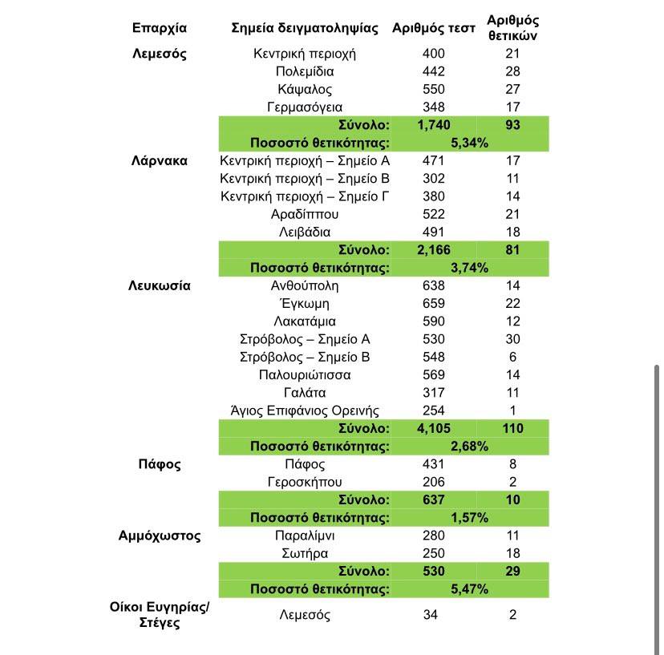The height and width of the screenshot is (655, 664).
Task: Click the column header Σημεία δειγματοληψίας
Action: (x=304, y=28)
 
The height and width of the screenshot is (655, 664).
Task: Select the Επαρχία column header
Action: (x=159, y=28)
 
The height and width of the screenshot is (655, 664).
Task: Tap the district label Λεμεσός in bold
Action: (x=159, y=55)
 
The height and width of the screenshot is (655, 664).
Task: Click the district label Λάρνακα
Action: (x=159, y=160)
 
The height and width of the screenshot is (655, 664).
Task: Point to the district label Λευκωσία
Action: (x=159, y=285)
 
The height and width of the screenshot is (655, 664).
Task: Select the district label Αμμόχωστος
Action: (x=159, y=536)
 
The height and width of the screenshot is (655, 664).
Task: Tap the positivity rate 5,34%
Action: (x=470, y=143)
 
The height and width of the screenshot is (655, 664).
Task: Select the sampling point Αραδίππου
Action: (x=305, y=214)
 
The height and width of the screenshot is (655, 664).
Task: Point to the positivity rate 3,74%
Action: (x=470, y=268)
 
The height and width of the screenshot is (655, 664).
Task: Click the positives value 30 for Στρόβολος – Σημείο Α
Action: (x=513, y=339)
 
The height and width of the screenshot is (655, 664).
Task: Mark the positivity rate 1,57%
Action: (x=470, y=517)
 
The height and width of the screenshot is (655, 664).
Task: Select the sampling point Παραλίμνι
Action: (x=305, y=536)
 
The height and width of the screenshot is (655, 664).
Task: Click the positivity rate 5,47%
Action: (x=470, y=589)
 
